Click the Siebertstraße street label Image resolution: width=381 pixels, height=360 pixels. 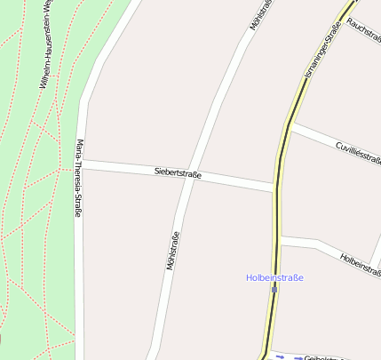[178, 173]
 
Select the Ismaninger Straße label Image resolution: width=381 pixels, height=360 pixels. [321, 53]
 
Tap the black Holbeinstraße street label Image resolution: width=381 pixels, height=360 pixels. [360, 263]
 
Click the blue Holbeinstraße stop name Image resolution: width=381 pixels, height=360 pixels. [274, 277]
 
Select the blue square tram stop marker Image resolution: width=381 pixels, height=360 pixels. [274, 288]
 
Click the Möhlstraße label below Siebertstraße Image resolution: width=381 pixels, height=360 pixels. [172, 251]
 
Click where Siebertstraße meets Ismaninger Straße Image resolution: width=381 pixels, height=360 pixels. [276, 188]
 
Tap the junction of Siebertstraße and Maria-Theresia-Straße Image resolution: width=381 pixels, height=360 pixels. [82, 164]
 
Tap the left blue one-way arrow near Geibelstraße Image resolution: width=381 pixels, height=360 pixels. [278, 356]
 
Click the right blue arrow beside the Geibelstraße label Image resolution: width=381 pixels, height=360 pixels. [296, 357]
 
